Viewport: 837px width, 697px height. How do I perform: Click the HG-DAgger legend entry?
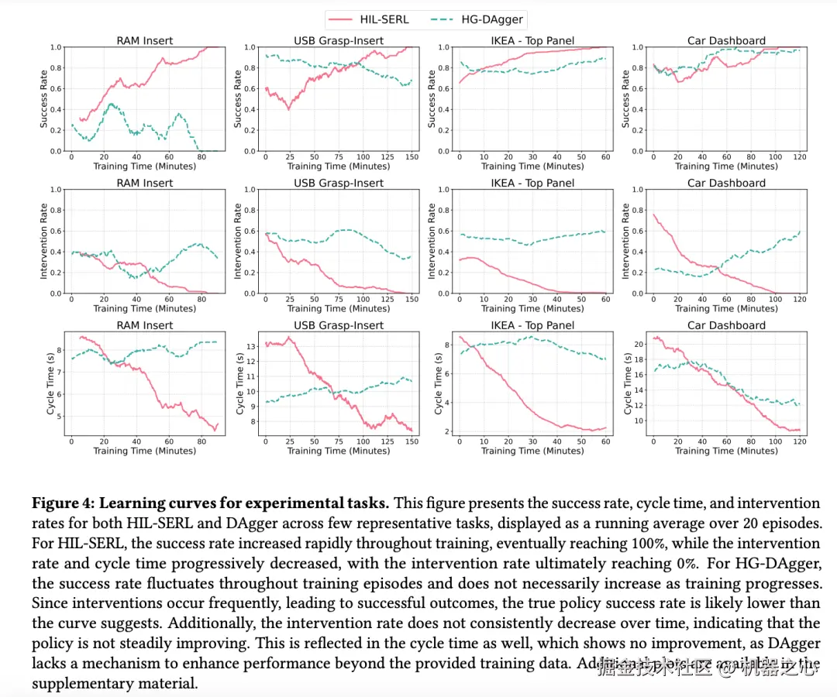[x=468, y=19]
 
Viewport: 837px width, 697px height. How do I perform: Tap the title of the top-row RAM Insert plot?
[x=145, y=40]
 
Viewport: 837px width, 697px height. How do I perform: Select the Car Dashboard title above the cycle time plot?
[x=726, y=325]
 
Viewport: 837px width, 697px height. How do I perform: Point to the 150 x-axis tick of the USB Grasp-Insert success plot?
[x=412, y=157]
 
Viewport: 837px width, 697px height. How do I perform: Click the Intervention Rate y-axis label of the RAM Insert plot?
[x=43, y=241]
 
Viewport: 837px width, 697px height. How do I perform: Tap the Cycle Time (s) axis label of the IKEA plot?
[x=439, y=383]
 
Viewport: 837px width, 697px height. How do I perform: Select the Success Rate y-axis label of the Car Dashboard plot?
[x=626, y=98]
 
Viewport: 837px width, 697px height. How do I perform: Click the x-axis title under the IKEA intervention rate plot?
[x=532, y=308]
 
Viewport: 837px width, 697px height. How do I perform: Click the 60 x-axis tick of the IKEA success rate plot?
[x=605, y=157]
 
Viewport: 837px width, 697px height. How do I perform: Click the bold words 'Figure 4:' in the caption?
[x=63, y=503]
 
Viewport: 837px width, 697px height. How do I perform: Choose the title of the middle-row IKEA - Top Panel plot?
[x=532, y=183]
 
